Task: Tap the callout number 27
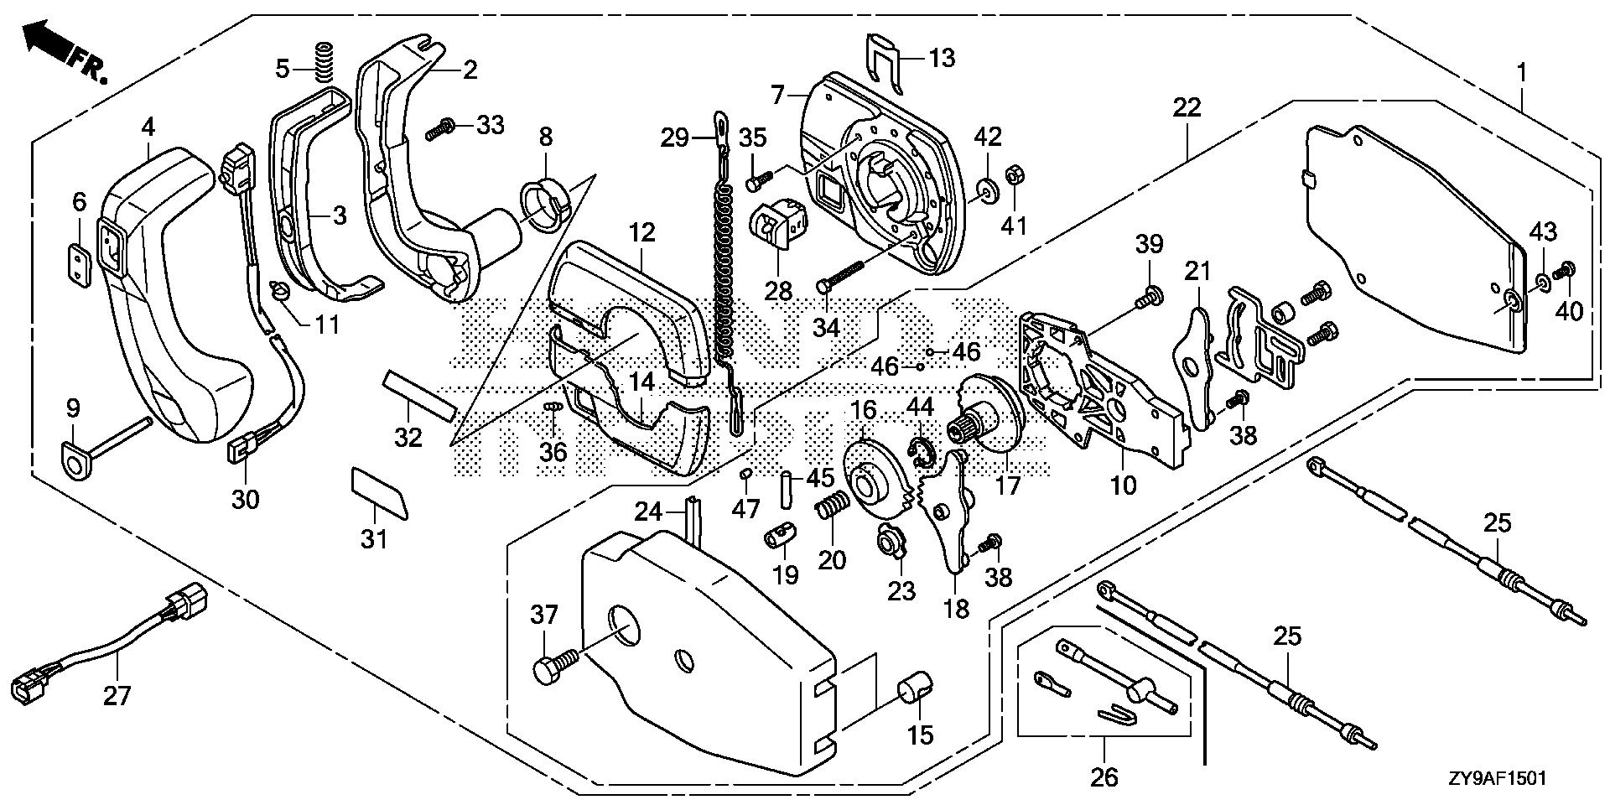click(117, 695)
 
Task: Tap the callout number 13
click(941, 58)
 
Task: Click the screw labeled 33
click(441, 131)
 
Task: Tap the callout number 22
click(1187, 107)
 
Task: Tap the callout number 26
click(1104, 776)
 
